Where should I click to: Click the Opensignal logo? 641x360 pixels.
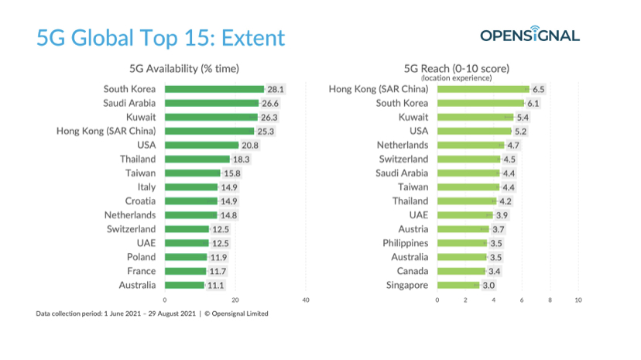tap(530, 36)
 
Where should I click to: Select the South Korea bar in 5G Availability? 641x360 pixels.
tap(214, 89)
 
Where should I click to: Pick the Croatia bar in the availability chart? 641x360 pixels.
tap(190, 201)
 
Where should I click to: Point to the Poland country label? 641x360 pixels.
tap(141, 257)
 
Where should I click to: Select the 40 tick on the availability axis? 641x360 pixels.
tap(306, 300)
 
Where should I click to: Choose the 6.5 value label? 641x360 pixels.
tap(539, 89)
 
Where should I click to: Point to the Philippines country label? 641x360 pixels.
tap(406, 243)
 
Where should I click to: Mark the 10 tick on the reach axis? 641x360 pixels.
tap(578, 300)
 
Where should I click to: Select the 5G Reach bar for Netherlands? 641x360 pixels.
tap(470, 145)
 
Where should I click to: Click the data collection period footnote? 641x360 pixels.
tap(153, 314)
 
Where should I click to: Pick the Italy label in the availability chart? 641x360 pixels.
tap(146, 187)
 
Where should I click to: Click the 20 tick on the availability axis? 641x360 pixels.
tap(235, 300)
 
